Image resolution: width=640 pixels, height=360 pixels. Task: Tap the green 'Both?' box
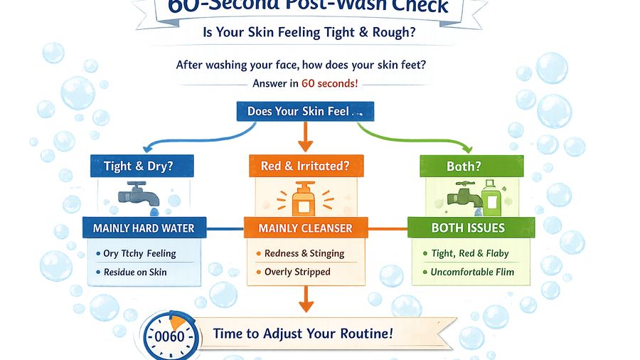coord(464,166)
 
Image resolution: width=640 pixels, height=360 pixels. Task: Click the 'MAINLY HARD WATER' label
coord(144,228)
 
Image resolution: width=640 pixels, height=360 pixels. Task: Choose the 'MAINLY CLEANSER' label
coord(305,228)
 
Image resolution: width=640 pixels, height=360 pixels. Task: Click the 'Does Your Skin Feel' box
coord(305,112)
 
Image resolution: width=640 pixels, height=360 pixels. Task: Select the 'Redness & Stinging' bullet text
coord(304,253)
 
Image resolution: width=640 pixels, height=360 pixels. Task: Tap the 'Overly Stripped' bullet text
coord(297,272)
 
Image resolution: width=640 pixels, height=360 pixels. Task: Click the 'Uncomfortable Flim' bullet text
coord(472,272)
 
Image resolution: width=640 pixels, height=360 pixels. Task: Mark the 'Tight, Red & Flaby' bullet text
coord(471,253)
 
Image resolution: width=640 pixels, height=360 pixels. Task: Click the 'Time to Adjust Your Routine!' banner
coord(302,334)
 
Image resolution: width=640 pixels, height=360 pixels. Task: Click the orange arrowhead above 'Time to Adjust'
coord(305,306)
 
